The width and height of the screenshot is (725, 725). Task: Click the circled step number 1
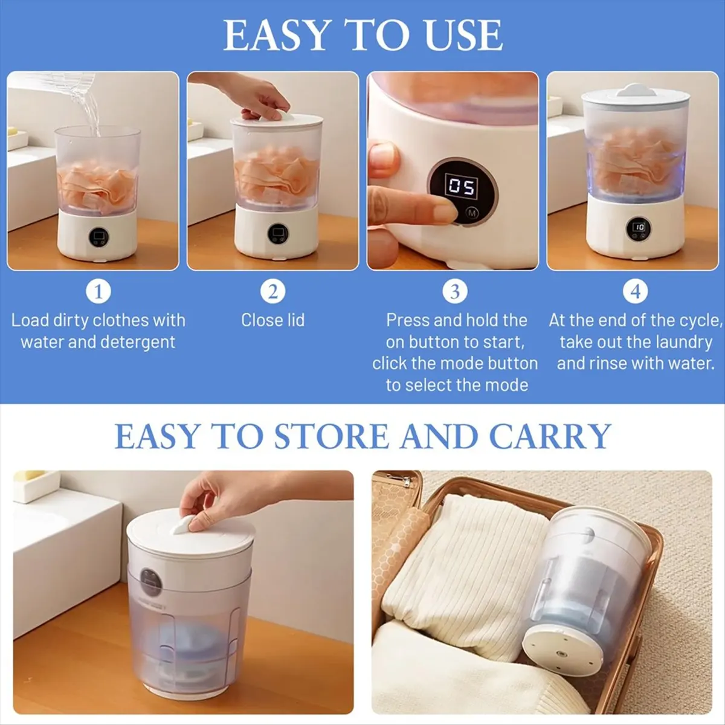[98, 292]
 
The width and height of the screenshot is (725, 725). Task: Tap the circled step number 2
[272, 292]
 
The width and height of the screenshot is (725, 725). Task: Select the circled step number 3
[455, 292]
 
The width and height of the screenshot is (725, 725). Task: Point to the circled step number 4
[635, 292]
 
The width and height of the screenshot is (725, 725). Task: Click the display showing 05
[461, 186]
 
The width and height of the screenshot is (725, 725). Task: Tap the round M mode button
[472, 213]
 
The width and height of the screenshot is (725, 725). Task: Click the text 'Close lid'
[272, 320]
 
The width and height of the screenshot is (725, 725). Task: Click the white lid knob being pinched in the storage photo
[182, 527]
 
